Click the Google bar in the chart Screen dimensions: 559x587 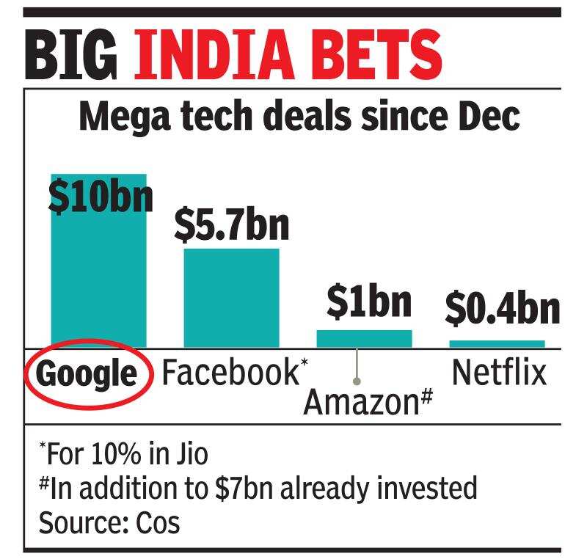(x=98, y=279)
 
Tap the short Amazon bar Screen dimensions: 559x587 (x=364, y=339)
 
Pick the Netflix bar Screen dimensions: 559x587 (x=497, y=343)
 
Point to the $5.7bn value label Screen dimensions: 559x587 (x=231, y=224)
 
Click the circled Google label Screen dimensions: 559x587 (x=87, y=374)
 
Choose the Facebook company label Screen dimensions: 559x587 (x=229, y=373)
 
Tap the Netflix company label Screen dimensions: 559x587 (x=499, y=373)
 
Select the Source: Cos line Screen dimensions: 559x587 (x=109, y=522)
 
